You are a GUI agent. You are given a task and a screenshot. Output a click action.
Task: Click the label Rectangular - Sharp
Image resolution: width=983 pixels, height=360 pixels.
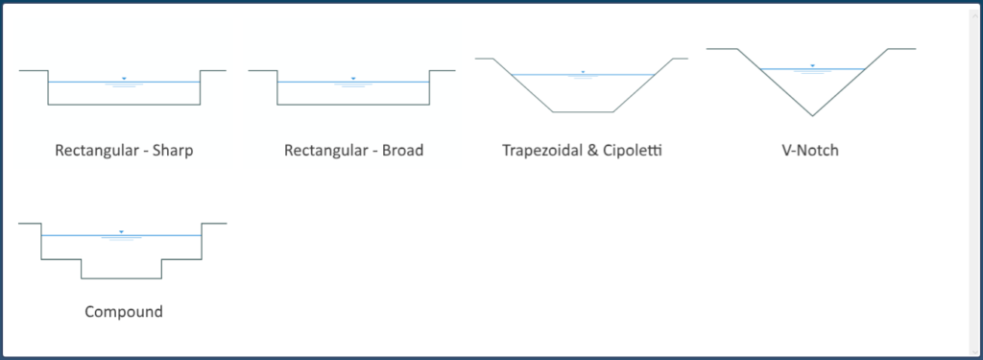tap(125, 151)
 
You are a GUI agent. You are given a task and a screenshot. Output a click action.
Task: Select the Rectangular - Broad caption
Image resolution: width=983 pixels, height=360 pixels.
tap(354, 151)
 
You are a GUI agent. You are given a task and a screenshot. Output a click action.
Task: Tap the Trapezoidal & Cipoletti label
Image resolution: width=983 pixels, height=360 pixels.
tap(583, 151)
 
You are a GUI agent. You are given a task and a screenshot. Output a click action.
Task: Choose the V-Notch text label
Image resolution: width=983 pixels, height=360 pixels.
tap(811, 151)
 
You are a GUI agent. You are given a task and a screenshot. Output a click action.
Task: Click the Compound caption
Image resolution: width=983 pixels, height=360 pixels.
tap(124, 312)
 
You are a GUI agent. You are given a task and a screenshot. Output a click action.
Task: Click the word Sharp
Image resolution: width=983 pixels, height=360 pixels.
tap(173, 151)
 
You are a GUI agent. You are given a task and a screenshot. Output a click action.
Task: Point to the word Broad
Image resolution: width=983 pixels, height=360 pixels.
tap(401, 151)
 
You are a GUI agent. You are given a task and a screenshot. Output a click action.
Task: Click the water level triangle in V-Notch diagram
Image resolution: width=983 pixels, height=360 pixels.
tap(812, 65)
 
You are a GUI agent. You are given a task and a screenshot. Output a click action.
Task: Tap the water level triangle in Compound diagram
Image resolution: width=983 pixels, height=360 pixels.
tap(121, 231)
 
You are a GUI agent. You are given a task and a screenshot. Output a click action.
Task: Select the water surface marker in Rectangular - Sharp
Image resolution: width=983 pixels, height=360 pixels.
tap(124, 78)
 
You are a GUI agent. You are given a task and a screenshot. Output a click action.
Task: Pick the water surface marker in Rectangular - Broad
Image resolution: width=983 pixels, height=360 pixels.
tap(353, 78)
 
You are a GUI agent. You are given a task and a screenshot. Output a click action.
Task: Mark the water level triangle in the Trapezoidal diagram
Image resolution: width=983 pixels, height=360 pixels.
tap(583, 72)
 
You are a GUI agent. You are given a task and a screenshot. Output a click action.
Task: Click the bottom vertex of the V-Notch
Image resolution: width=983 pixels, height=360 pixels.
tap(812, 116)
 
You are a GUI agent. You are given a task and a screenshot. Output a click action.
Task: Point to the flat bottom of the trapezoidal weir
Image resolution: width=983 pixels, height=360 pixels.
tap(582, 112)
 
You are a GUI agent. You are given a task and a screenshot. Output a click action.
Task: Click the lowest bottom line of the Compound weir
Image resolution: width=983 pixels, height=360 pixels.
tap(121, 278)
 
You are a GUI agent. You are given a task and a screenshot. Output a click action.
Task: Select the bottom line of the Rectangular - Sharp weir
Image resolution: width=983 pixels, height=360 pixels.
tap(124, 104)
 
